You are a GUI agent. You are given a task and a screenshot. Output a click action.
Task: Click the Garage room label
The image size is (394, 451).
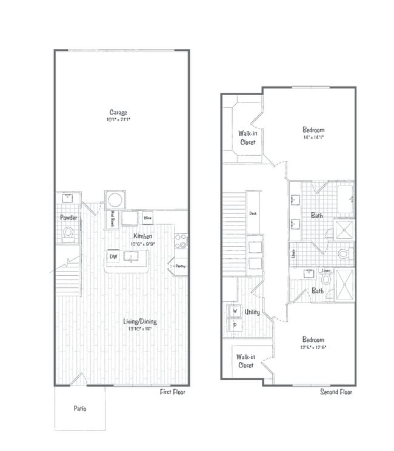[x=118, y=112]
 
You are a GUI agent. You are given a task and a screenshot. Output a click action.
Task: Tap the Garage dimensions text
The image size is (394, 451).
[x=118, y=119]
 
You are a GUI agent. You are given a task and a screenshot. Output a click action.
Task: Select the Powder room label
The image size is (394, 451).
[x=67, y=217]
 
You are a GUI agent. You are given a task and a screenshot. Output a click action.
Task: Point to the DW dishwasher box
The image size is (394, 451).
[x=113, y=256]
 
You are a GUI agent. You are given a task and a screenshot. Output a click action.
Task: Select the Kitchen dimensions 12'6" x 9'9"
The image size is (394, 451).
[x=142, y=244]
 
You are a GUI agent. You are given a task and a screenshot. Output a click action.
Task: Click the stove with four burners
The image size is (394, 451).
[x=181, y=241]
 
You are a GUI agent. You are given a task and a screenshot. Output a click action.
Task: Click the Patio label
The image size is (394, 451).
[x=80, y=409]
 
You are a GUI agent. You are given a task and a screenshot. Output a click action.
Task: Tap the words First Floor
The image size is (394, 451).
[x=173, y=392]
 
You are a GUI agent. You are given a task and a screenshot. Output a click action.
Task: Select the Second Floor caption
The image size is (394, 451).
[x=336, y=392]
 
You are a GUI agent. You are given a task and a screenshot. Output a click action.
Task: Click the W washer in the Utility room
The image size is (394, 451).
[x=234, y=311]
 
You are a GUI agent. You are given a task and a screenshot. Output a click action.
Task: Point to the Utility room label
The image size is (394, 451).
[x=252, y=312]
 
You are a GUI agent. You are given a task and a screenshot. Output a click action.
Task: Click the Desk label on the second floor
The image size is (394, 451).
[x=253, y=213]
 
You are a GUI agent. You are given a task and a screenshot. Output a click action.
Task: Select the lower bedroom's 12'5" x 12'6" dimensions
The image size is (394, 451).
[x=313, y=347]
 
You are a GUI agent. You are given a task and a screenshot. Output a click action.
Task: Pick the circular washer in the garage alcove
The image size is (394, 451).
[x=114, y=199]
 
